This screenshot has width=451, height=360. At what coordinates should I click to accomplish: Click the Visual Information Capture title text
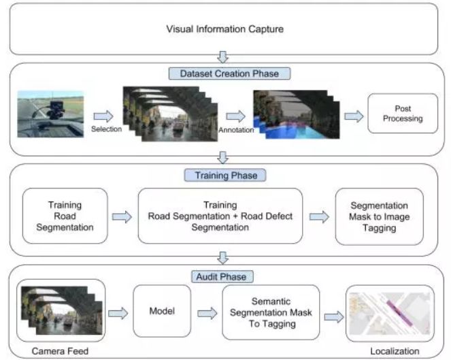(x=224, y=29)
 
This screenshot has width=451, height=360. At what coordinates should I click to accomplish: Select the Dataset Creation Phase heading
(x=224, y=71)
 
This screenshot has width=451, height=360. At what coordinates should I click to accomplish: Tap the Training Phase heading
(x=224, y=175)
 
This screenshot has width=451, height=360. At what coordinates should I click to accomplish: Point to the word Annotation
(x=235, y=129)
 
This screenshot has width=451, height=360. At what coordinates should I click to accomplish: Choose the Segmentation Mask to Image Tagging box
(x=380, y=216)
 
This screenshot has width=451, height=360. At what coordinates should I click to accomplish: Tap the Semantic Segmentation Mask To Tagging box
(x=270, y=312)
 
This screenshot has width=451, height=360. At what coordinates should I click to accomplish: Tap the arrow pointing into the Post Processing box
(x=353, y=116)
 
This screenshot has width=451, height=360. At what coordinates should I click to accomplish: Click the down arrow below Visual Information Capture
(x=222, y=57)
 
